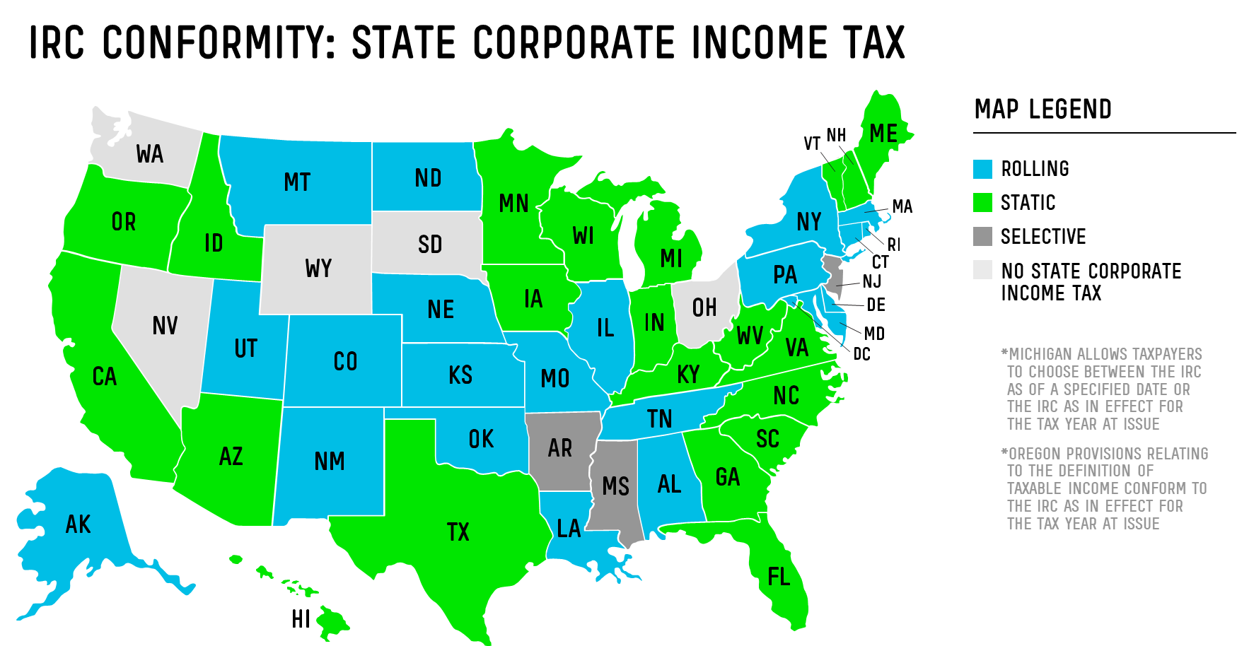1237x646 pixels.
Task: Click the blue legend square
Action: coord(982,169)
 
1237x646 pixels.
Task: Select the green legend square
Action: coord(982,202)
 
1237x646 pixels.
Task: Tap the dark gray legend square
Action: coord(982,236)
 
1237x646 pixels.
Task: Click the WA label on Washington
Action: coord(150,154)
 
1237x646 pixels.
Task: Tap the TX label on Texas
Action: coord(458,532)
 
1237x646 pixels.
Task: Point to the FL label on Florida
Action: coord(779,577)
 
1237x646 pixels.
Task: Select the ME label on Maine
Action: coord(883,134)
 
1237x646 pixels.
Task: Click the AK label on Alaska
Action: coord(78,524)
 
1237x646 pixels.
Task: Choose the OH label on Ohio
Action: coord(704,308)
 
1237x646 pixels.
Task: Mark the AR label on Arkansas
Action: coord(560,447)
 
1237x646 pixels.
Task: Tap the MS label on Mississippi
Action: coord(615,486)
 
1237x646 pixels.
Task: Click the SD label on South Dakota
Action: coord(430,245)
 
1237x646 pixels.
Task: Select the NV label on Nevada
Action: coord(165,326)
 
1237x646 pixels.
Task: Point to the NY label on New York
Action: coord(809,222)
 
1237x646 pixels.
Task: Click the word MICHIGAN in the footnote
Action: coord(1040,354)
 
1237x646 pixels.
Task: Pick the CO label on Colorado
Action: coord(346,361)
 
